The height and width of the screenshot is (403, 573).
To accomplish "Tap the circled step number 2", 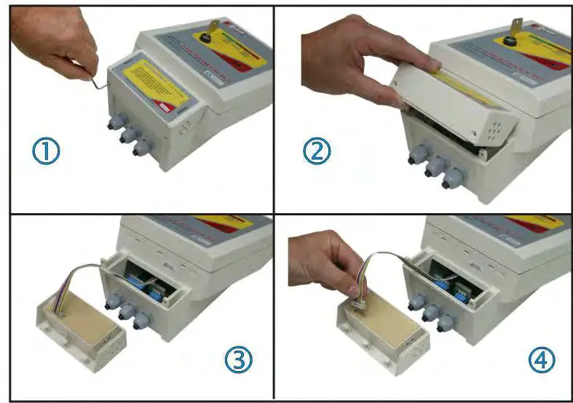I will point(317,151).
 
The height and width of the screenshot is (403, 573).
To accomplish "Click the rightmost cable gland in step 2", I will point(453,177).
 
